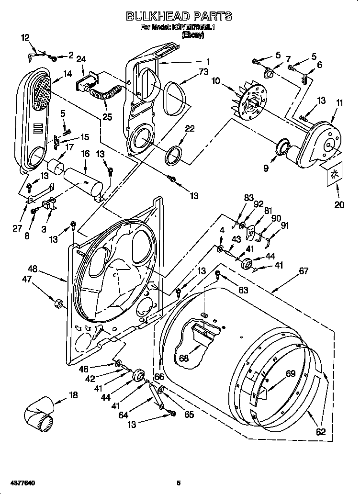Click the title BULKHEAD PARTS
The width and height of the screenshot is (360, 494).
[179, 17]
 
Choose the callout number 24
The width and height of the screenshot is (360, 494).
[81, 59]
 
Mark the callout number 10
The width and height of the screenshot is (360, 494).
[216, 81]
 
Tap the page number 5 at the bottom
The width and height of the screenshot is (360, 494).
[178, 483]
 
